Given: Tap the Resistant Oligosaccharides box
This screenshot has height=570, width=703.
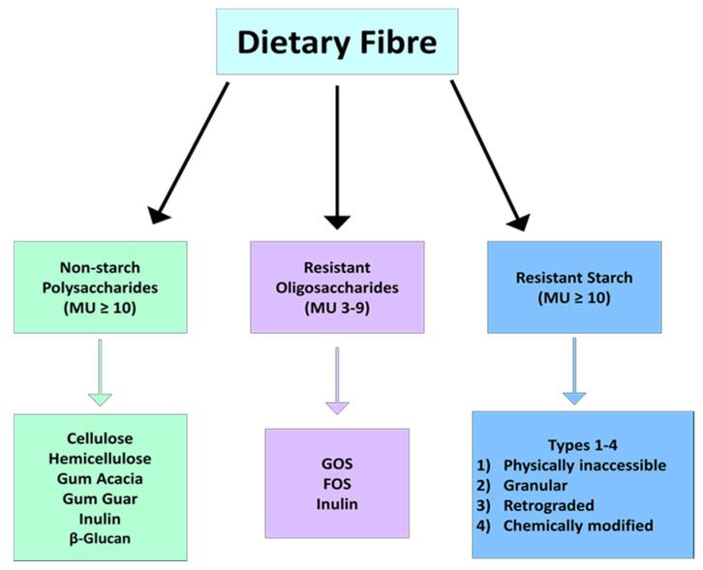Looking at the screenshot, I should [x=336, y=287].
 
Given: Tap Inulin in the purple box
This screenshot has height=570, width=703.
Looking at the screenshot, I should [x=337, y=504].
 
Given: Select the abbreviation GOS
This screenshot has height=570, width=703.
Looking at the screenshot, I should [x=337, y=464].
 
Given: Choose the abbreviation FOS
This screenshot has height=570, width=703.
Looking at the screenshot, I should [x=337, y=484].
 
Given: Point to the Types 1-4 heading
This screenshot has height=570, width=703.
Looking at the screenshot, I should [x=583, y=444].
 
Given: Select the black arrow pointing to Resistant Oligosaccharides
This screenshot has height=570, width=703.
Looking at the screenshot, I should [x=337, y=155].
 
